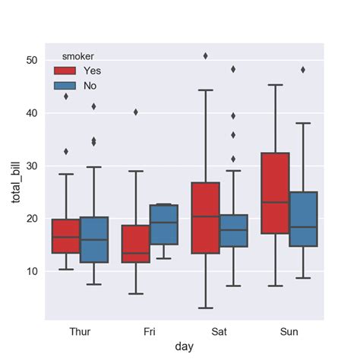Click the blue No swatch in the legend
[x=65, y=86]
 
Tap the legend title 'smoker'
[x=78, y=55]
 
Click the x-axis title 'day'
[x=182, y=346]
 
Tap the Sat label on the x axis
[x=219, y=331]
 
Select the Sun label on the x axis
[x=287, y=331]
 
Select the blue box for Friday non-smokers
[x=164, y=224]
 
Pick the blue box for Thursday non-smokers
[x=94, y=239]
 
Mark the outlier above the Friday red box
[x=136, y=112]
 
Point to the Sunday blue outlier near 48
[x=303, y=69]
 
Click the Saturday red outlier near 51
[x=205, y=55]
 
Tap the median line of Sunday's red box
[x=274, y=202]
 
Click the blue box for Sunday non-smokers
[x=302, y=219]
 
